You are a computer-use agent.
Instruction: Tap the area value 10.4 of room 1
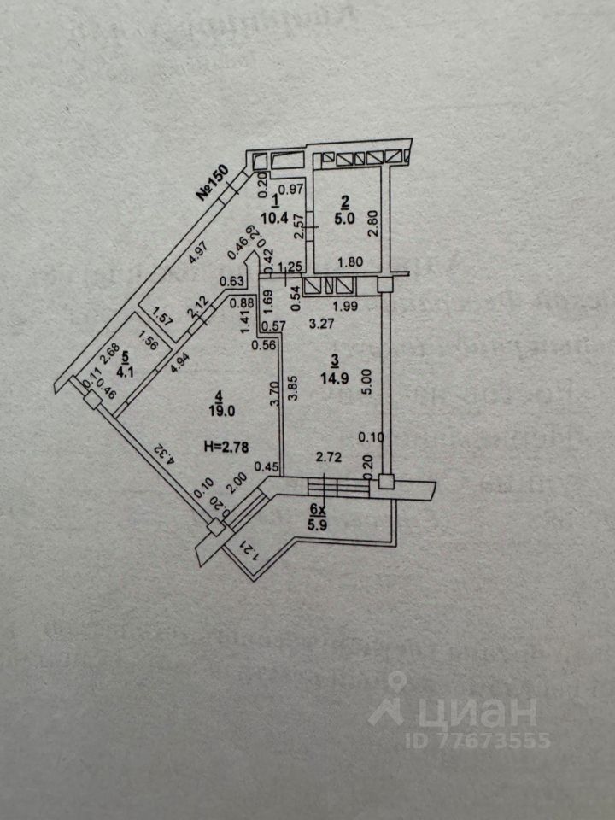(275, 216)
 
